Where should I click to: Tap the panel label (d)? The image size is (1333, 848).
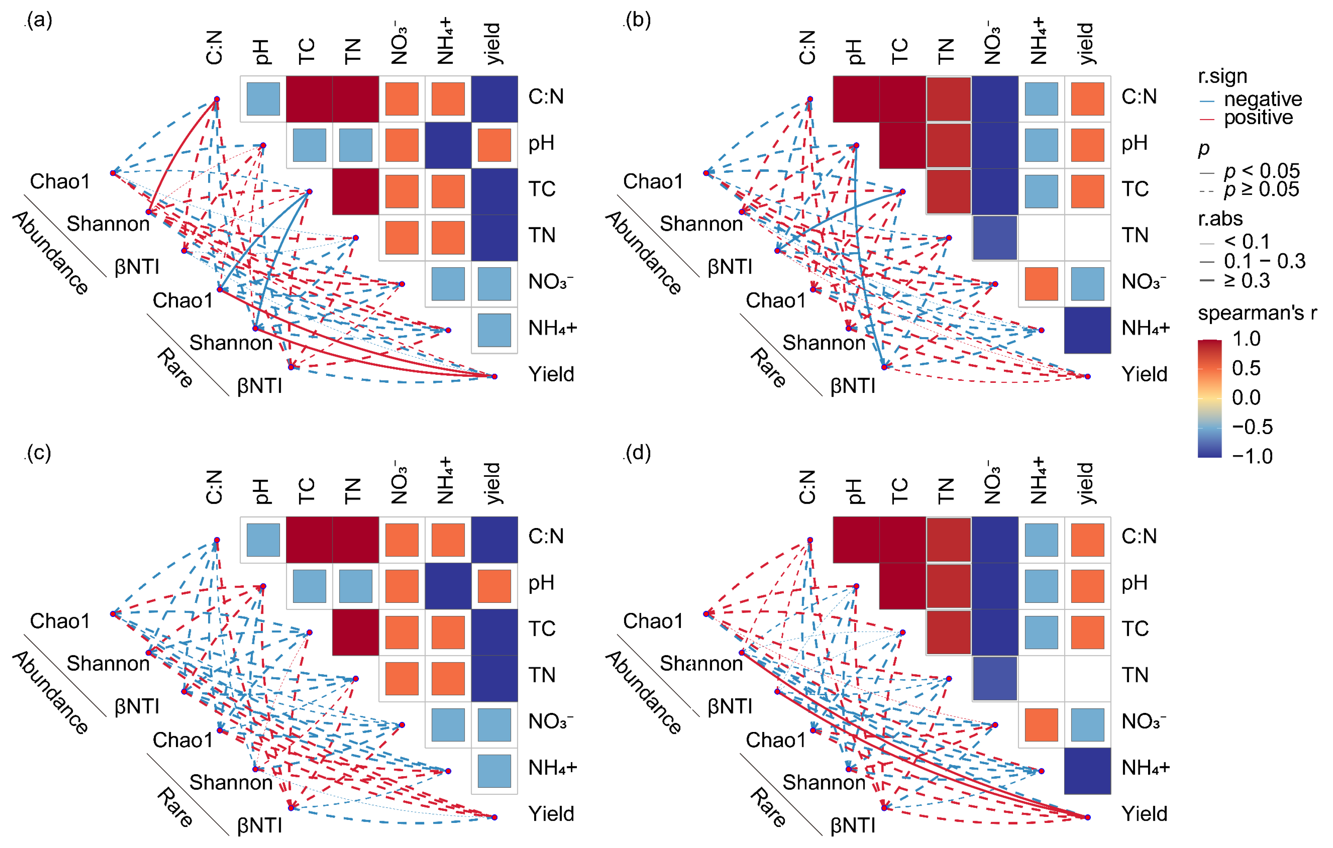[x=638, y=453]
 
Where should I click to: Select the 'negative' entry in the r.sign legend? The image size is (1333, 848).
[x=1262, y=100]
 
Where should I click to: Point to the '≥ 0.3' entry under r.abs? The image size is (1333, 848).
[x=1247, y=281]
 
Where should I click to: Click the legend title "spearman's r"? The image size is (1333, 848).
[x=1257, y=313]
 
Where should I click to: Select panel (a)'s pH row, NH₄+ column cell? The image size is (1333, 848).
[x=448, y=145]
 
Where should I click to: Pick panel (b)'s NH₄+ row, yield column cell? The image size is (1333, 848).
[x=1087, y=330]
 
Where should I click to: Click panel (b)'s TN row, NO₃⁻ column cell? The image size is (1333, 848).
[x=995, y=238]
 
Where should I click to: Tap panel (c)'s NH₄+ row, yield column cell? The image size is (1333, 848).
[x=494, y=771]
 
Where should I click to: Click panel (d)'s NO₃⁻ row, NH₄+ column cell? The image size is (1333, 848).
[x=1041, y=725]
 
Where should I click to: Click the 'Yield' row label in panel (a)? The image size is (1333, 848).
[x=551, y=375]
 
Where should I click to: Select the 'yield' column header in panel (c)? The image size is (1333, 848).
[x=492, y=483]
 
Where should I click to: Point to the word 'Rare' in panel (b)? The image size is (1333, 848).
[x=768, y=368]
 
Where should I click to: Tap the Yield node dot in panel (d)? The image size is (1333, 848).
[x=1087, y=817]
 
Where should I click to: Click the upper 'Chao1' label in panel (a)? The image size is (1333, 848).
[x=60, y=182]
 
